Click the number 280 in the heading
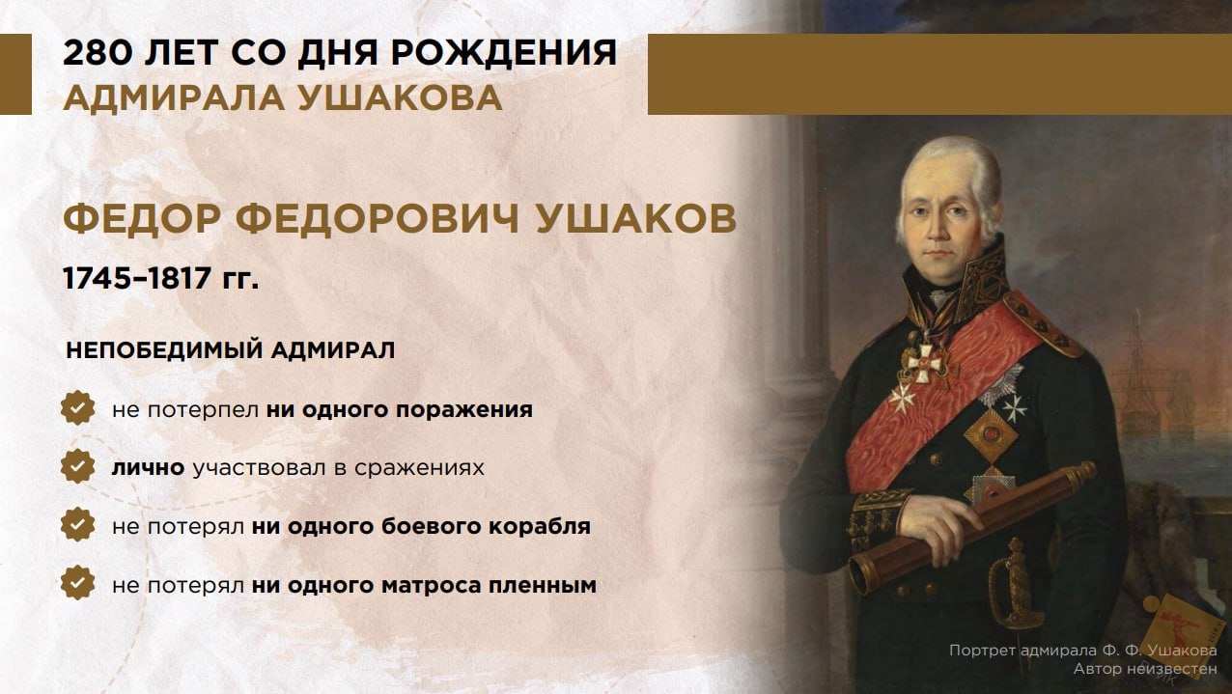(98, 53)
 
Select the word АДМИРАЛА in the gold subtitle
(174, 99)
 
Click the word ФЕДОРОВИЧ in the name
(378, 218)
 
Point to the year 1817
(180, 278)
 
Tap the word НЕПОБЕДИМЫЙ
(163, 350)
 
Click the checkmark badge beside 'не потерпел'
(77, 407)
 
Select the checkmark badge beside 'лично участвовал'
(77, 466)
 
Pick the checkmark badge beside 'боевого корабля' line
(77, 525)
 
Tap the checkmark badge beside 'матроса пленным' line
(77, 583)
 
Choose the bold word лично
(148, 467)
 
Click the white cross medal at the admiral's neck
(925, 362)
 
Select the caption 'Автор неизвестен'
(1145, 669)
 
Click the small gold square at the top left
(15, 74)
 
